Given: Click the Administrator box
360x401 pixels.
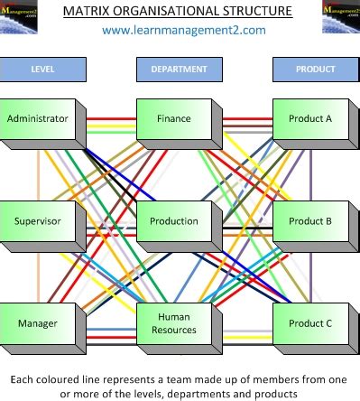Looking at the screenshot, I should pyautogui.click(x=38, y=119).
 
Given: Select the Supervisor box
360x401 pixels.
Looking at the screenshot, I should pyautogui.click(x=38, y=221).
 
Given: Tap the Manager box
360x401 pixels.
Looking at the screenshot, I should pyautogui.click(x=38, y=322).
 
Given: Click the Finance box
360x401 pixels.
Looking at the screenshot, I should pyautogui.click(x=173, y=119).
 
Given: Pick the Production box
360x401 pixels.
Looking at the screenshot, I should pyautogui.click(x=173, y=221).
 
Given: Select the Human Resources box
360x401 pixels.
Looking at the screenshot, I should pyautogui.click(x=173, y=322).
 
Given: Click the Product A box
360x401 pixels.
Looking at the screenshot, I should pyautogui.click(x=309, y=119).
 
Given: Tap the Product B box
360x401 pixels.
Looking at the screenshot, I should pyautogui.click(x=309, y=221).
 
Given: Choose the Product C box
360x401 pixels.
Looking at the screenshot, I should pyautogui.click(x=309, y=322).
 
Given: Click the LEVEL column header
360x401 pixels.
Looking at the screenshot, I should pyautogui.click(x=42, y=69).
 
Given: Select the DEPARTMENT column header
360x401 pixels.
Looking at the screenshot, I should pyautogui.click(x=179, y=69).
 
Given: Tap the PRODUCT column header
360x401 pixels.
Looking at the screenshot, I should pyautogui.click(x=315, y=69).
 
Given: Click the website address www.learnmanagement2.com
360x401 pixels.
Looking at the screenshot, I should pyautogui.click(x=183, y=31).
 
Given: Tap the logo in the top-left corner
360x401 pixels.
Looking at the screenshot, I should pyautogui.click(x=19, y=16).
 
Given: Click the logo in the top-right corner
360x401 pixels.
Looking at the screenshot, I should pyautogui.click(x=340, y=16).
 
